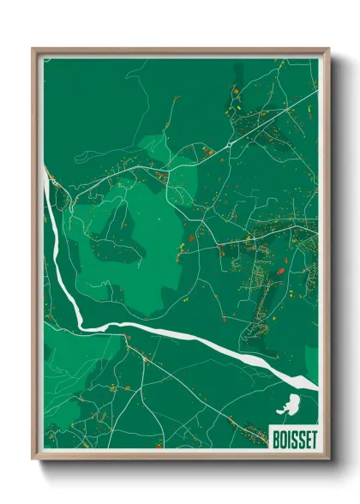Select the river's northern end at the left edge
click(x=45, y=171)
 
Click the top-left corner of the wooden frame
click(x=33, y=50)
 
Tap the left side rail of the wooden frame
click(x=35, y=257)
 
